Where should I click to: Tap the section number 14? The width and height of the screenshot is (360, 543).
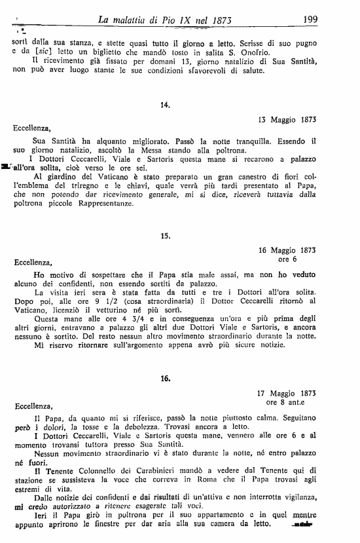click(x=164, y=105)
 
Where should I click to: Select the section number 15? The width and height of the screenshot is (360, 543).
click(x=164, y=234)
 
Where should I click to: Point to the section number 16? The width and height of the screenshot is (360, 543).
click(x=164, y=378)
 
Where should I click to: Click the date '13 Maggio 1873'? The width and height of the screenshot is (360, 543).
click(x=287, y=120)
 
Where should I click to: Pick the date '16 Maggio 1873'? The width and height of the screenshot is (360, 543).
click(x=287, y=250)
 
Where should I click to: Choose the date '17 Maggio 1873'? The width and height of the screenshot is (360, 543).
click(x=287, y=393)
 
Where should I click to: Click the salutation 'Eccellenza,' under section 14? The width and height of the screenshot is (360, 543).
click(x=31, y=130)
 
